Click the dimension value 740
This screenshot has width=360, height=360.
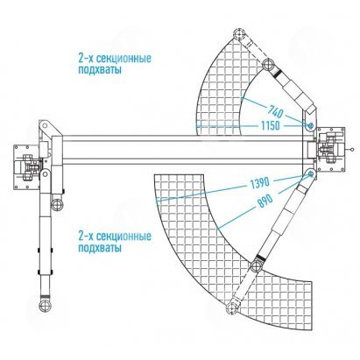[x=275, y=112]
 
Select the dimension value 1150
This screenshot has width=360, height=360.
[x=271, y=126]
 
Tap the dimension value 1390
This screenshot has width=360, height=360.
[x=259, y=183]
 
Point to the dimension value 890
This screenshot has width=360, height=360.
[x=265, y=201]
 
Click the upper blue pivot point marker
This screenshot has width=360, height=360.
[x=310, y=126]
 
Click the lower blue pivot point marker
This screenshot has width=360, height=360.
[x=311, y=174]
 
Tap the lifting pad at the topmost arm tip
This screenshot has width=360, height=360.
[x=239, y=33]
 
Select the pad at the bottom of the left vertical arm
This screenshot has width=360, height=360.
[x=45, y=305]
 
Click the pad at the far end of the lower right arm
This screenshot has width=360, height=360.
[x=232, y=307]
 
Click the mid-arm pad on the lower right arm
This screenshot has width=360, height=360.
[x=256, y=265]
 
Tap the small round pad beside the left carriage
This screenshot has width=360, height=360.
[x=57, y=204]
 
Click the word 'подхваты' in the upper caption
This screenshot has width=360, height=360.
[x=100, y=70]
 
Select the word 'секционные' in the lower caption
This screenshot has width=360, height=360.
[x=124, y=236]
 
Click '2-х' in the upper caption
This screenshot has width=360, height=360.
[x=85, y=58]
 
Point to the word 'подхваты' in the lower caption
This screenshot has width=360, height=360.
[x=100, y=248]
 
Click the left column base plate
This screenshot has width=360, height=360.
[x=26, y=167]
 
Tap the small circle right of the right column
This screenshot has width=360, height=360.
[x=352, y=150]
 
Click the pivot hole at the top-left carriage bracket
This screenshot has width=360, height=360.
[x=44, y=125]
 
